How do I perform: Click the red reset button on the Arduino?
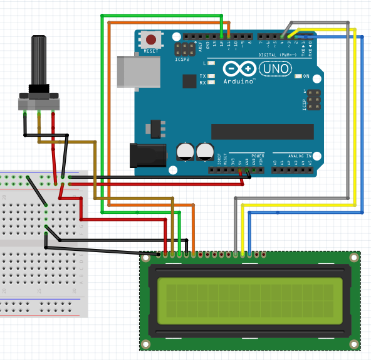coord(150,40)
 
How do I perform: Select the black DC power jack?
coord(147,155)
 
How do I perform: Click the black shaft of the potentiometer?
coord(39,60)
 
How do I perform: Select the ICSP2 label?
coord(182,60)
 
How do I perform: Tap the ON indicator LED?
coord(298,77)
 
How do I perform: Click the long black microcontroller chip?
coord(262,131)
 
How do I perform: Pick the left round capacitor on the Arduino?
coord(185,151)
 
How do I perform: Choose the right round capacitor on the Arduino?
coord(204,151)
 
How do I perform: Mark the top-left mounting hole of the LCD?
coord(145,257)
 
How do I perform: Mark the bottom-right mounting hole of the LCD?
coord(355,344)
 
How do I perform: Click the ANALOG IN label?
coord(300,155)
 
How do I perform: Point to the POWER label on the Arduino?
coord(258,155)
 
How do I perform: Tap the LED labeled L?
coord(212,63)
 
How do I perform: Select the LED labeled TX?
coord(212,76)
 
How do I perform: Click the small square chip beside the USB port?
coord(189,80)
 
